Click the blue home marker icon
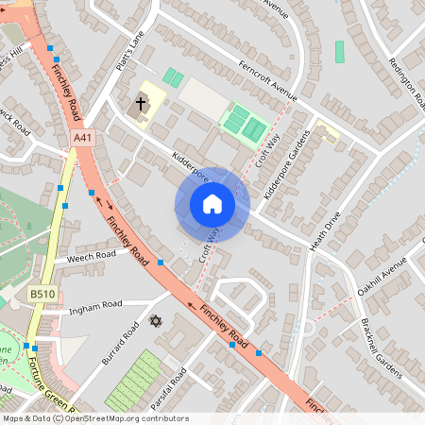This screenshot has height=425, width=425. pos(212,204)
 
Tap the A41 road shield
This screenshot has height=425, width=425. pos(83,138)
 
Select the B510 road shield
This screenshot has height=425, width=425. pos(41,295)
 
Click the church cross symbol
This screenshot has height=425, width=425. pos(141,102)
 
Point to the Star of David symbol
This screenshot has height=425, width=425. pos(157,321)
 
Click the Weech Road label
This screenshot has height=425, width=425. pos(91,255)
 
